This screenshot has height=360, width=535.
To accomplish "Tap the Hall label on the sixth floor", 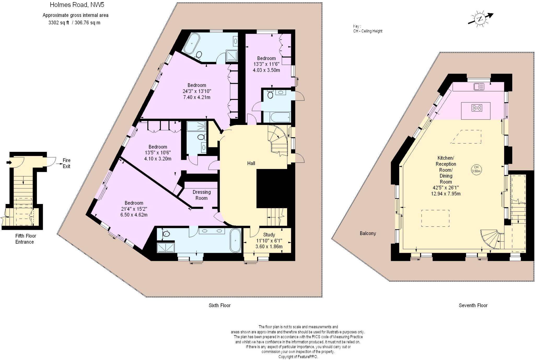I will coord(251,163).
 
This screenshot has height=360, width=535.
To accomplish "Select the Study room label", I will coord(269,235).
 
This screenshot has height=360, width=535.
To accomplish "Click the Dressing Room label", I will coord(201,195).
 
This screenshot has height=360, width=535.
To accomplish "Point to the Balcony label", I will coord(368,233).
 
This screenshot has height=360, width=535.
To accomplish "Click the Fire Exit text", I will coord(66,163).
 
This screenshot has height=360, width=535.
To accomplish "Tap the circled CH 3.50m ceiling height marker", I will coord(476,169).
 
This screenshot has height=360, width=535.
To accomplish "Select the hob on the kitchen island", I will coord(476,107).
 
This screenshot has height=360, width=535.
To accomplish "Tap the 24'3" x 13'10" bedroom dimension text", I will coord(196,91).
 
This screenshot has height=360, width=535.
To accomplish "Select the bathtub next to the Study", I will coord(236,240).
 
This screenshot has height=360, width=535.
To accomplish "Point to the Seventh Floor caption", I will coord(473,305).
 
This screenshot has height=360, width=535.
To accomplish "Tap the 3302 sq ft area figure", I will coord(59,22).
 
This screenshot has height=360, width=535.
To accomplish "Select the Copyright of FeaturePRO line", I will coord(298,357).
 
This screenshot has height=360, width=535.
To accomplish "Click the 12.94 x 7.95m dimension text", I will coord(446,194).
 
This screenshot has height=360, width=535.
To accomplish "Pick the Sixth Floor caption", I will coord(219,305).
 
